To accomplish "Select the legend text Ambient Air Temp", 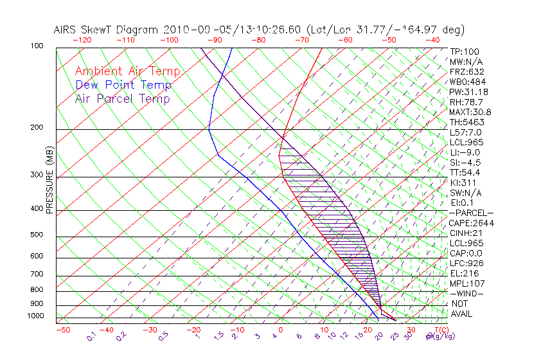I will point(128,72).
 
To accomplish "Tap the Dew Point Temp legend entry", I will point(123,85).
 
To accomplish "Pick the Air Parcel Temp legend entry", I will point(123,99).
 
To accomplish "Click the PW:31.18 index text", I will point(468,92).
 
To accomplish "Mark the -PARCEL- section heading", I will point(471,213).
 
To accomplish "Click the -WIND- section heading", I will point(466,293).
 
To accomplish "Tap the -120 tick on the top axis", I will point(82,40).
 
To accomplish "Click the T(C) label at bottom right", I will point(438,330).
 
